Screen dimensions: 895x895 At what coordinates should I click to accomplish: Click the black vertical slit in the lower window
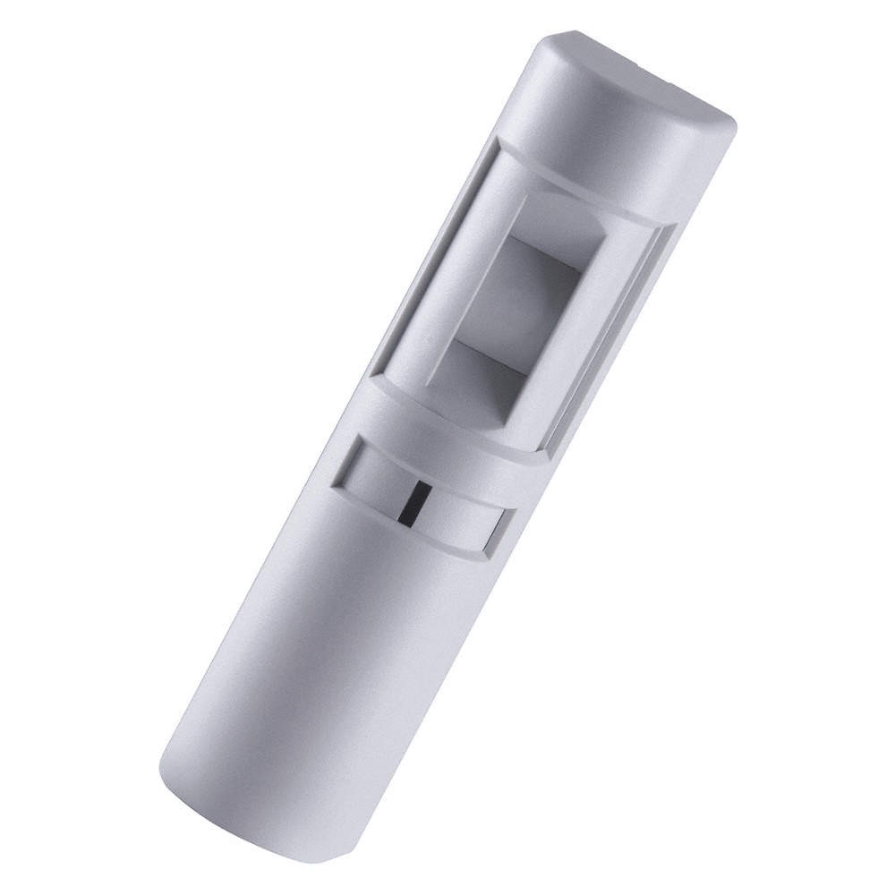click(409, 502)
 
